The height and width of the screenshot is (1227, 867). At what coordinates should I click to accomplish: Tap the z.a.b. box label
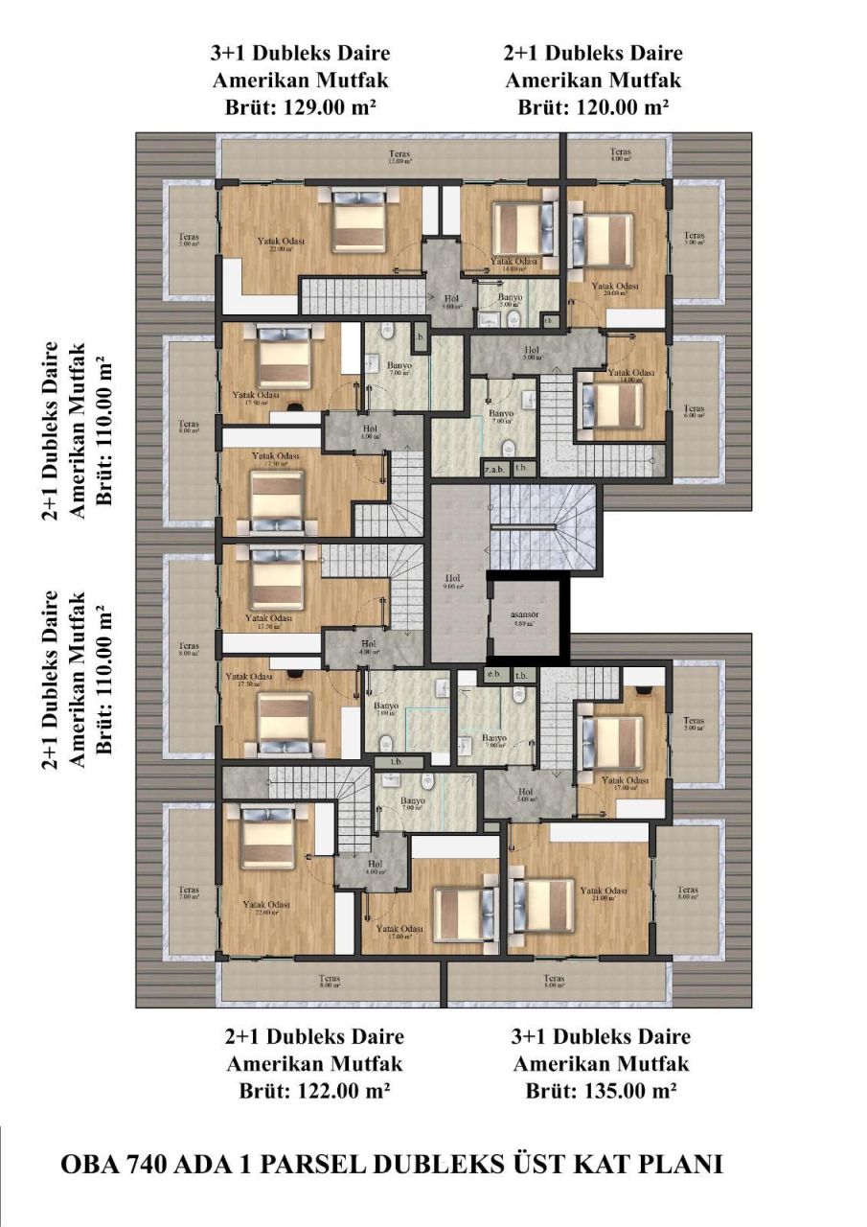(493, 468)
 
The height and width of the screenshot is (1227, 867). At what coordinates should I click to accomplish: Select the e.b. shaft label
(494, 675)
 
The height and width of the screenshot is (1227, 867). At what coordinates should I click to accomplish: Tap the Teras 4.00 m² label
(621, 154)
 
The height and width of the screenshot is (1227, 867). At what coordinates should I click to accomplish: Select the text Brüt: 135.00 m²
(601, 1091)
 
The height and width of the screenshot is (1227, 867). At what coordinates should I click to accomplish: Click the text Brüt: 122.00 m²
(313, 1091)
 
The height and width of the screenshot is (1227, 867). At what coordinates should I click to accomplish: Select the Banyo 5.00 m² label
(510, 302)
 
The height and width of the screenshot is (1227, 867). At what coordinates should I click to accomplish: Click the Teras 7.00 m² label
(188, 894)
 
